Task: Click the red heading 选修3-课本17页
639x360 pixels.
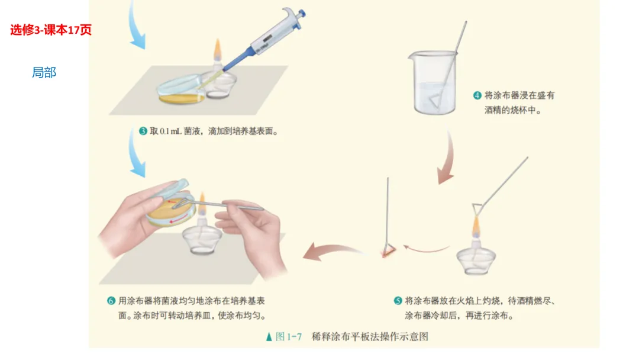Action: pyautogui.click(x=51, y=30)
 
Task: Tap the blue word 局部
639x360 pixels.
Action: pyautogui.click(x=44, y=73)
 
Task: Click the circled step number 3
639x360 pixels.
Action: pyautogui.click(x=143, y=131)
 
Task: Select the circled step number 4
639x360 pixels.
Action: pyautogui.click(x=477, y=95)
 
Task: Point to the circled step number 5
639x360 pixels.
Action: pyautogui.click(x=398, y=300)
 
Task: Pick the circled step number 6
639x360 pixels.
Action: pyautogui.click(x=111, y=300)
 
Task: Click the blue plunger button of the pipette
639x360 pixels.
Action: pyautogui.click(x=302, y=13)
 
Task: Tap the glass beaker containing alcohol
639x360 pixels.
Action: pyautogui.click(x=433, y=82)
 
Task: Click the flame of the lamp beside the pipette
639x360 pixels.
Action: pyautogui.click(x=218, y=49)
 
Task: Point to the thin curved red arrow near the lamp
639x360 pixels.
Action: pyautogui.click(x=425, y=248)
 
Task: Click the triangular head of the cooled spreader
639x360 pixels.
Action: pyautogui.click(x=388, y=249)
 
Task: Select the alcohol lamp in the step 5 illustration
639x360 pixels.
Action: pyautogui.click(x=476, y=253)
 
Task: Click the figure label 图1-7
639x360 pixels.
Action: pyautogui.click(x=289, y=336)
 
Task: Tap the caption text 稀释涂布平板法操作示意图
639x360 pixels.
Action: pyautogui.click(x=370, y=336)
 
